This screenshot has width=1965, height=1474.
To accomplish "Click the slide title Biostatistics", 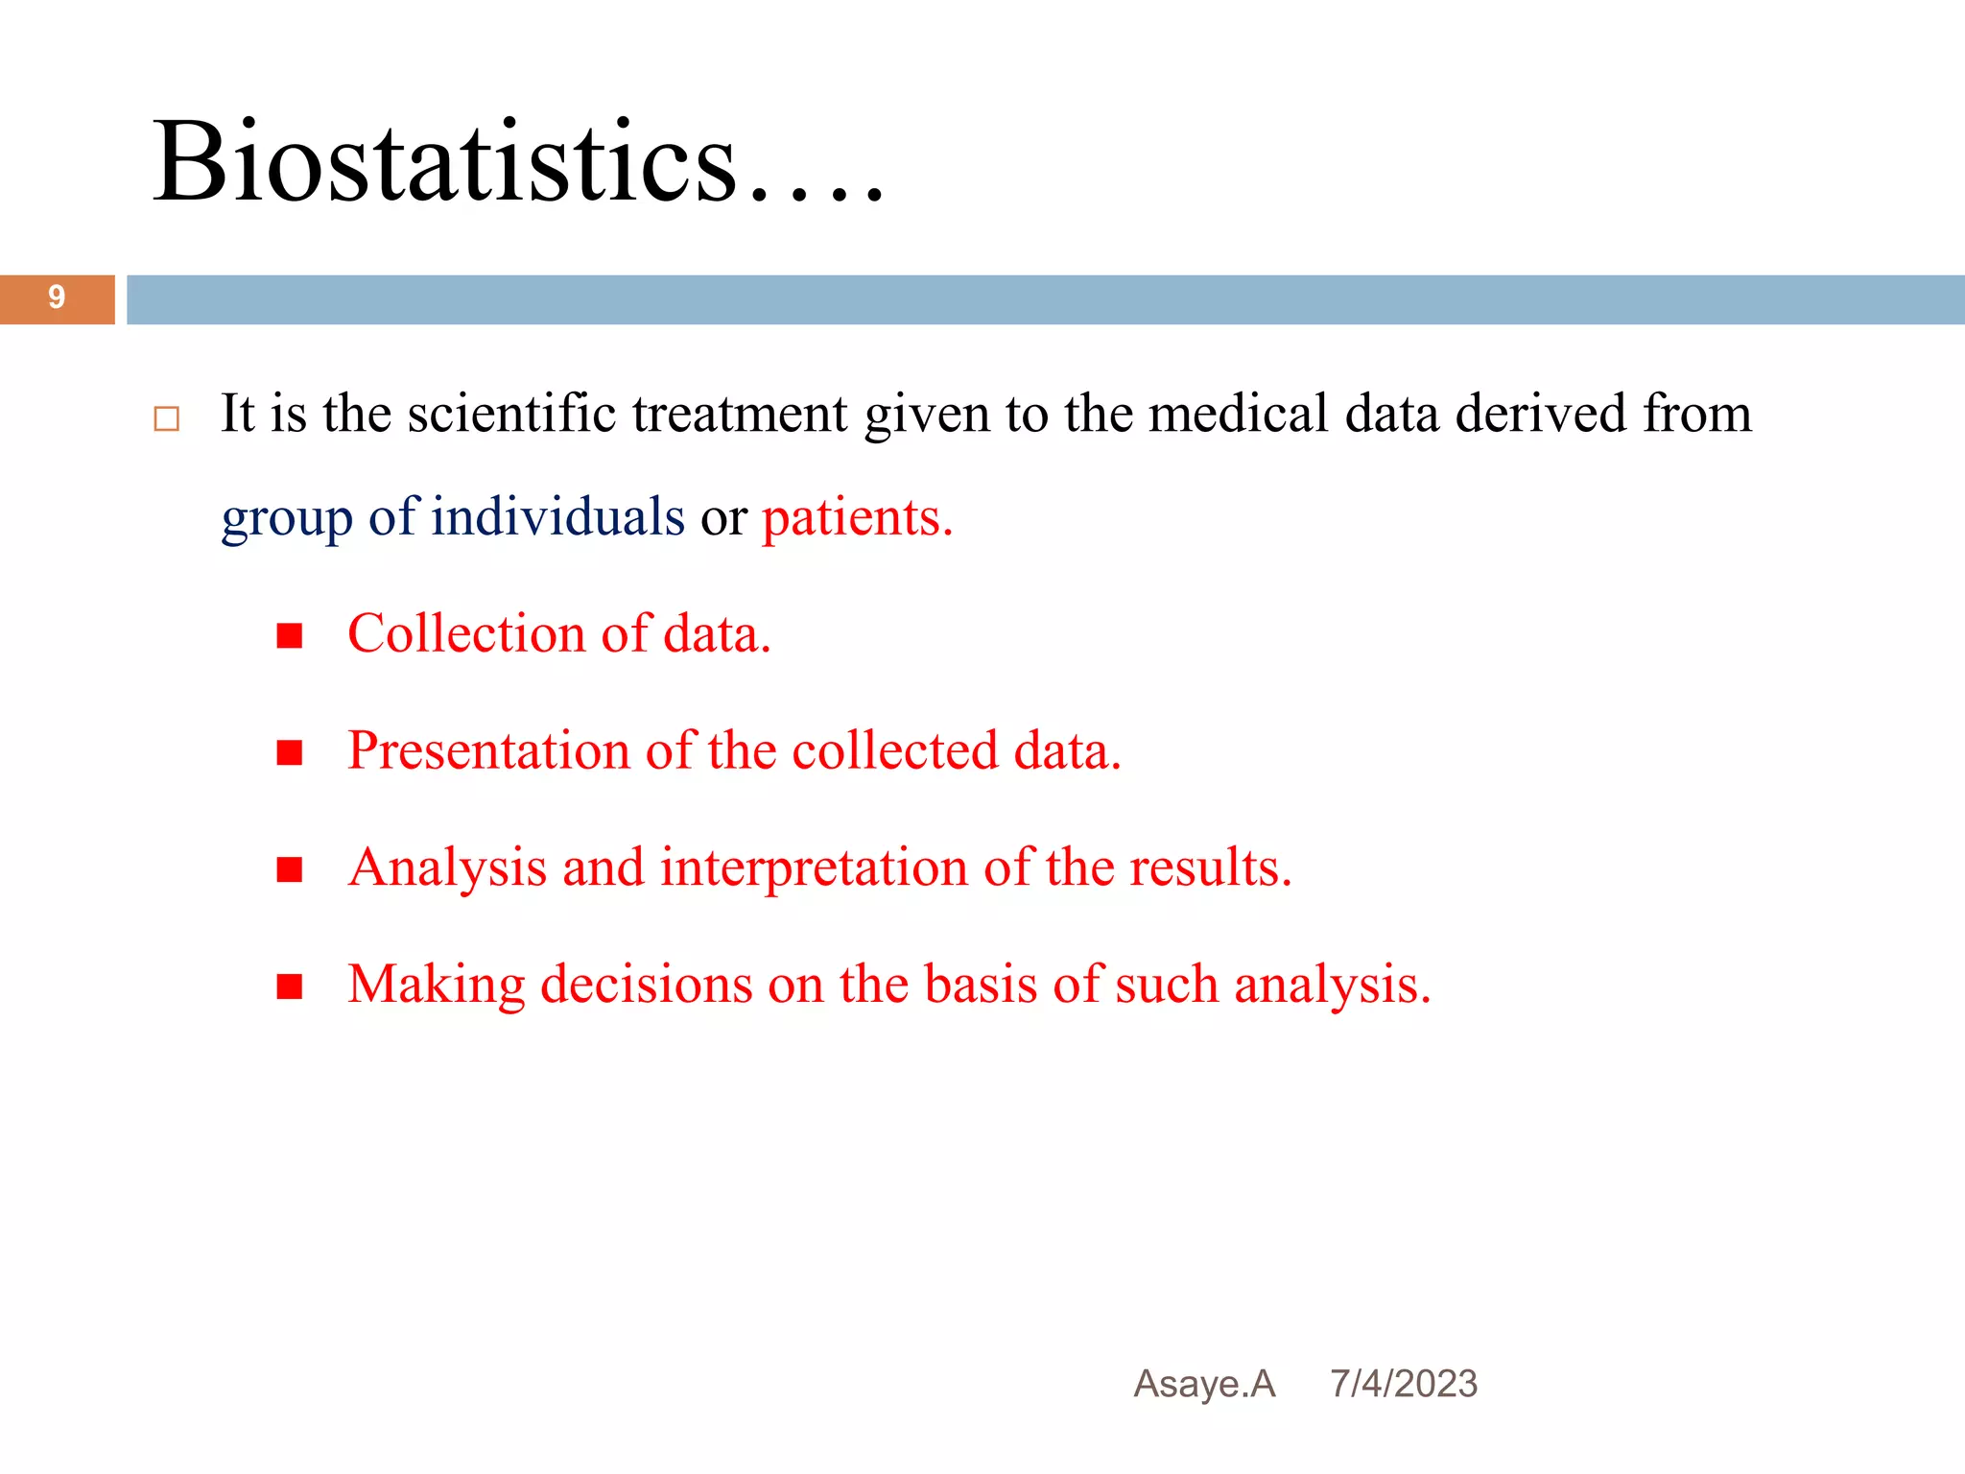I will [x=518, y=161].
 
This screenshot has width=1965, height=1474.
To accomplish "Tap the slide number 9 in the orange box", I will [x=57, y=298].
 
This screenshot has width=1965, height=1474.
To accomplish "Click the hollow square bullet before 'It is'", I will [x=167, y=419].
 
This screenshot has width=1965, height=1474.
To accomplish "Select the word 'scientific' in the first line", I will [x=510, y=414].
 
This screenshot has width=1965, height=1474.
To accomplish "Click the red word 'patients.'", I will [x=857, y=517].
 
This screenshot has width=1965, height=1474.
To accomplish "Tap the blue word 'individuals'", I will [x=557, y=517].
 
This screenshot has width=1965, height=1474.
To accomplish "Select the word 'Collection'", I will [x=466, y=634].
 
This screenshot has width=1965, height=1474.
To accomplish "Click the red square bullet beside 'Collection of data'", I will [x=290, y=636].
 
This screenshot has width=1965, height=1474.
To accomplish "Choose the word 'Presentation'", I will [x=487, y=750].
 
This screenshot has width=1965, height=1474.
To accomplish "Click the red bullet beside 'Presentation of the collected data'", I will [x=290, y=753].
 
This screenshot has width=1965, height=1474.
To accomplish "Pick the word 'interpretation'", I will [x=814, y=868].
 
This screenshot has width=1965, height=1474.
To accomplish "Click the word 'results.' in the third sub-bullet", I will [x=1211, y=868].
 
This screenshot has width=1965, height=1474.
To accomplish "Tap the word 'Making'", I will [x=437, y=986].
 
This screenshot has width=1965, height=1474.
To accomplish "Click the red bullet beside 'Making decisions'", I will [x=290, y=987].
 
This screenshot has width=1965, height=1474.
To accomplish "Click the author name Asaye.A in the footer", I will [x=1204, y=1384].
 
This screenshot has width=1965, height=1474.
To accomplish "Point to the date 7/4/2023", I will [x=1404, y=1384].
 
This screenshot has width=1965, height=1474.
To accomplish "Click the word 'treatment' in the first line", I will [x=740, y=414].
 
